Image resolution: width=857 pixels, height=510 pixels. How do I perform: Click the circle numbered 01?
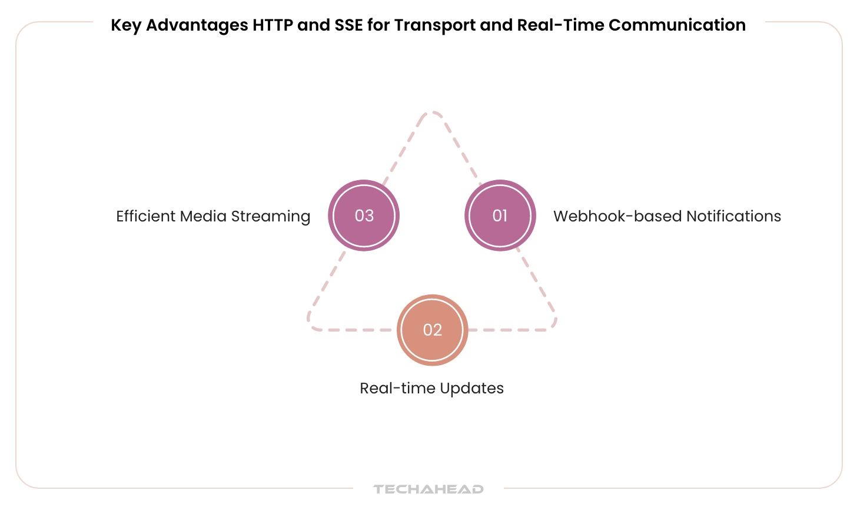point(500,216)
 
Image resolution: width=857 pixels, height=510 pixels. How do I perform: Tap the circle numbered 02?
point(432,330)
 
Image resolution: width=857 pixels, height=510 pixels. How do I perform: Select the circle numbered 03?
point(364,216)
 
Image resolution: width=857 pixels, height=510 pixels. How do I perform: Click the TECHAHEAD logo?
point(428,489)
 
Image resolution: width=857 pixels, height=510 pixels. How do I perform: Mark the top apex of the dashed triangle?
point(432,112)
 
